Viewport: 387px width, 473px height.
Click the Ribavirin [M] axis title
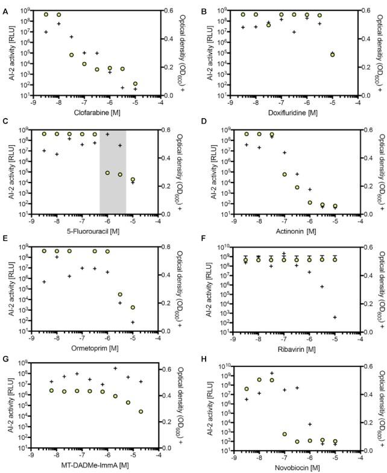tap(294, 348)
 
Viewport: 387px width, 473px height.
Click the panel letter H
tap(202, 360)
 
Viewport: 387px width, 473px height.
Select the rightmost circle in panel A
tap(136, 84)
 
